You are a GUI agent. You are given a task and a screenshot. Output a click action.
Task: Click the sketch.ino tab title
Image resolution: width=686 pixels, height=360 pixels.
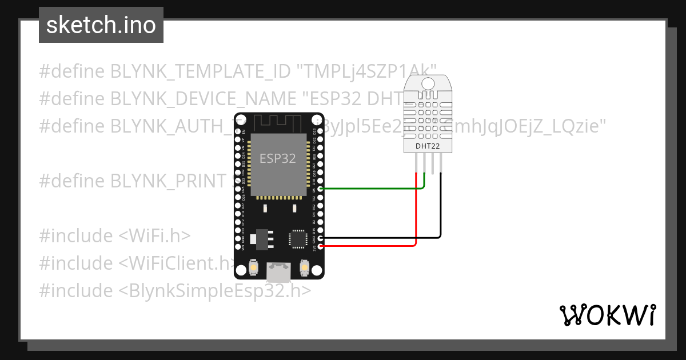click(101, 25)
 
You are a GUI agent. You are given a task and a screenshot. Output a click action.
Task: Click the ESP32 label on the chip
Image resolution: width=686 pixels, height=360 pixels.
click(278, 158)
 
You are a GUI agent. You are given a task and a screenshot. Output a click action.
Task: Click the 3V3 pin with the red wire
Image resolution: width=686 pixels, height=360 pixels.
click(321, 246)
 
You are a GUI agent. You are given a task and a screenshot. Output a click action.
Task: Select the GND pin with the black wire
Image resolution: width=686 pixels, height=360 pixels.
click(321, 238)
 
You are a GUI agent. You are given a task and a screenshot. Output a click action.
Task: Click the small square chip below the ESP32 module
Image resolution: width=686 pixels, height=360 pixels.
click(298, 238)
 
